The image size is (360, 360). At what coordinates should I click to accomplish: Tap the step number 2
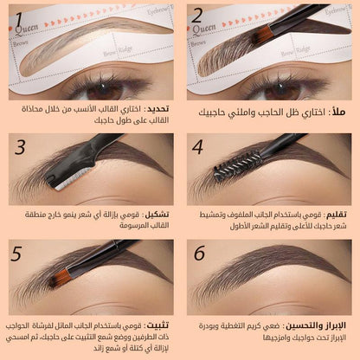click(196, 15)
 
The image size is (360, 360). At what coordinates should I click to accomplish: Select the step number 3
click(19, 147)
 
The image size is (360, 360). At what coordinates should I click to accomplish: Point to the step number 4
click(197, 147)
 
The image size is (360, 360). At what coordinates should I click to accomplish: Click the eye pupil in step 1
click(92, 87)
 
